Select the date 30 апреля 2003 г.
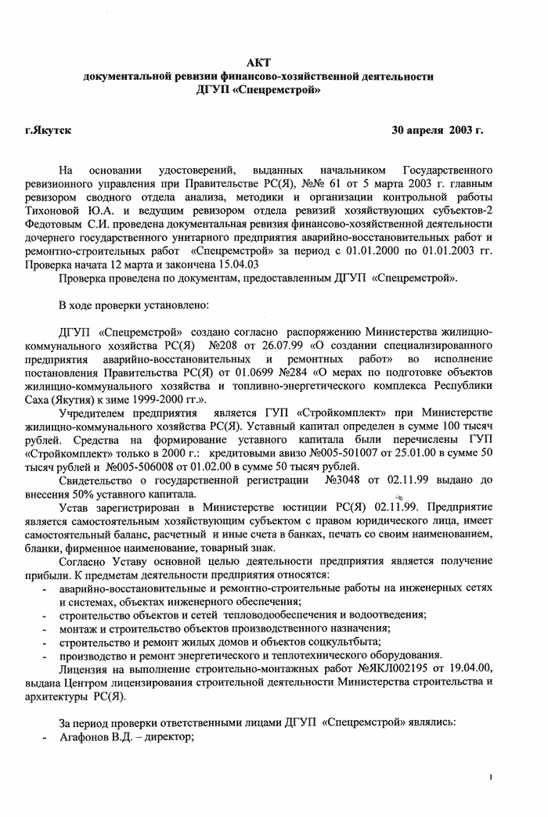[x=438, y=129]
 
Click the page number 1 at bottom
[x=491, y=777]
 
